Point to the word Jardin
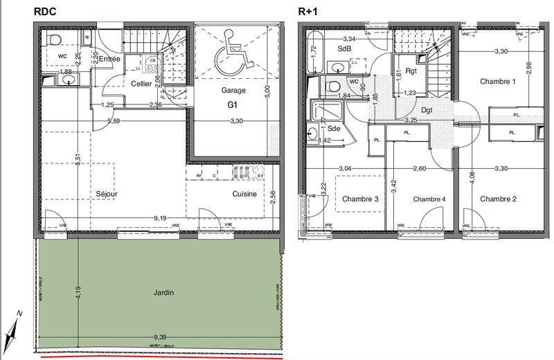pos(163,292)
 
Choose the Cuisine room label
pos(244,195)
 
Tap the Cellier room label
pos(142,84)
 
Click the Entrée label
pos(109,60)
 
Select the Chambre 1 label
pos(499,82)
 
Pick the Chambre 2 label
pos(499,199)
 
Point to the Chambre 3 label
pos(360,199)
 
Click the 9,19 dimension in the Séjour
pos(159,219)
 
